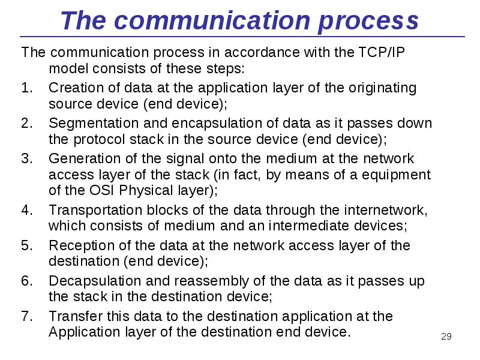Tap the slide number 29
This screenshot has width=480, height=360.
[446, 336]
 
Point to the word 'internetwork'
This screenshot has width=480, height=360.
[386, 211]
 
